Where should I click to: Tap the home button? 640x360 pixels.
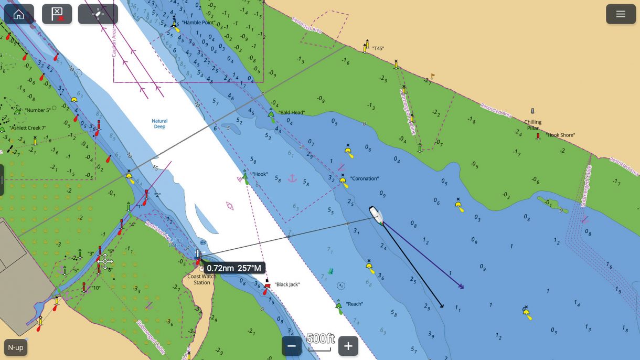(x=19, y=14)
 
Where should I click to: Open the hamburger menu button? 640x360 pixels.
(x=621, y=14)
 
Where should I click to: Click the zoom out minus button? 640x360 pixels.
(x=292, y=346)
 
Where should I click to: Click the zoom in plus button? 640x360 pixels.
(x=348, y=346)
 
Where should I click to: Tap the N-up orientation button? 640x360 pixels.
(x=16, y=347)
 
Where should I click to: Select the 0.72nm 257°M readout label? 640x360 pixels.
(x=233, y=268)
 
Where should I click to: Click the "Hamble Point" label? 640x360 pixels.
(x=199, y=23)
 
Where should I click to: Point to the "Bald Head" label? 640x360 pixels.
(x=292, y=112)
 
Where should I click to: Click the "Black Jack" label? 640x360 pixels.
(x=287, y=284)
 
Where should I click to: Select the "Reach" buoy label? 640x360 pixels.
(x=354, y=304)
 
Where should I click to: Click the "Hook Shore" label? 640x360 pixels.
(x=560, y=135)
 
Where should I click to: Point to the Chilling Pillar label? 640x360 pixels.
(x=532, y=125)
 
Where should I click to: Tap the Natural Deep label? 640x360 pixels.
(x=159, y=124)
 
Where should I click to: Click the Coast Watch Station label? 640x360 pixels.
(x=202, y=279)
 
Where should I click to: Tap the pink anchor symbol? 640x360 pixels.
(x=292, y=178)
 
